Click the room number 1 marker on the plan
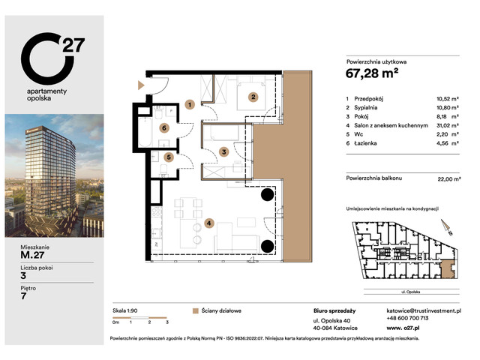pos(190,104)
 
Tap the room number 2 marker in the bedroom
pos(253,96)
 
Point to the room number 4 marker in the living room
pos(209,222)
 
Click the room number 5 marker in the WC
pos(169,157)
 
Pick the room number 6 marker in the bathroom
pos(163,127)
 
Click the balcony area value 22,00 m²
pos(447,178)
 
